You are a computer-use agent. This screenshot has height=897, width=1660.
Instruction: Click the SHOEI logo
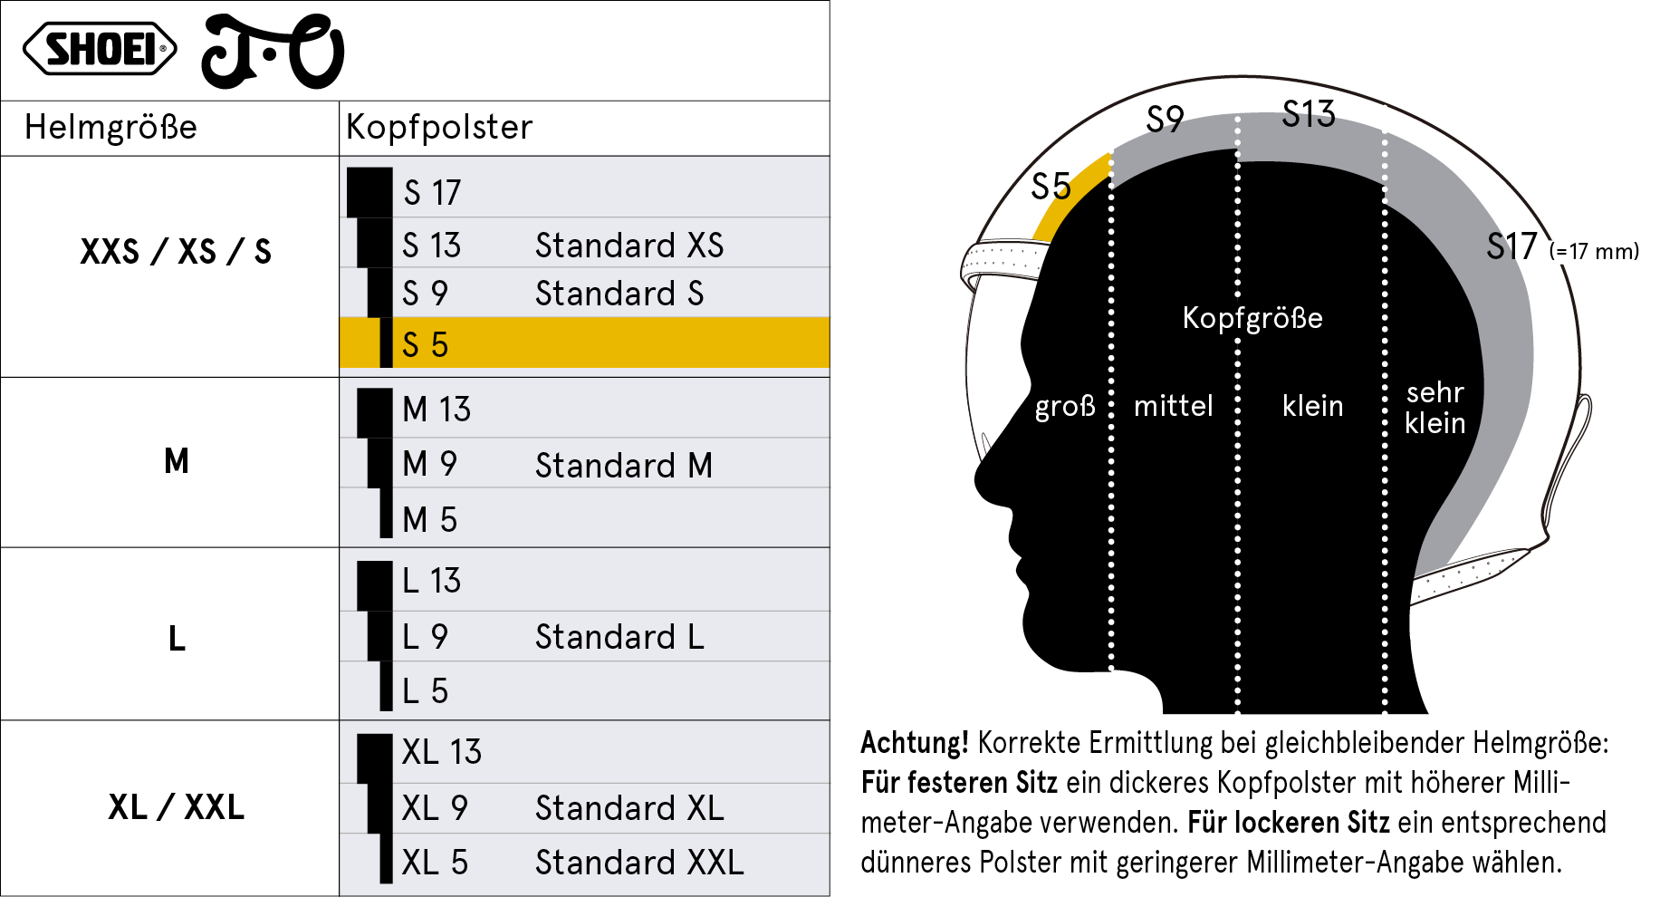100,48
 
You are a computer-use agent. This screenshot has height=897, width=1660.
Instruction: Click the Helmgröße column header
110,127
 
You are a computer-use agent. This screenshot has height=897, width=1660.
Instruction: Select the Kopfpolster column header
439,127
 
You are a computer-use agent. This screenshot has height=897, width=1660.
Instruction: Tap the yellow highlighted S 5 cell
584,342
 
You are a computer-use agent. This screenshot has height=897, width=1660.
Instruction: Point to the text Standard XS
629,245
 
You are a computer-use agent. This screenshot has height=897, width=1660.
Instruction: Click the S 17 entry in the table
432,192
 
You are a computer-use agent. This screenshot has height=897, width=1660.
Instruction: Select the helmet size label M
177,461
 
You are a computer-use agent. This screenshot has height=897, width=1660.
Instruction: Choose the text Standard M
624,465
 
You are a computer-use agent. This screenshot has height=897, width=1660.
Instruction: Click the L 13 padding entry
431,580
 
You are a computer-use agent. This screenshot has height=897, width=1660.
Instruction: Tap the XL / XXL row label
177,806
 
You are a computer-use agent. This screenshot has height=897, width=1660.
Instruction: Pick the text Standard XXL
639,862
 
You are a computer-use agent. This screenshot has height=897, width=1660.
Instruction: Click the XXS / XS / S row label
176,251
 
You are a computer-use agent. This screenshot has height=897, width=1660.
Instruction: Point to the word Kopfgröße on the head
1252,318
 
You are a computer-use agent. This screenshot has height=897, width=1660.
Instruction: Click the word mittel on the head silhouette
1173,405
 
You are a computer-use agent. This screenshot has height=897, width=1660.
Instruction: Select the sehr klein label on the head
1435,407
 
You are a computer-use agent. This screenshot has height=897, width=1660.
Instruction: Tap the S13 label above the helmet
1309,114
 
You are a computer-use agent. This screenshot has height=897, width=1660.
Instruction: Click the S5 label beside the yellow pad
1051,187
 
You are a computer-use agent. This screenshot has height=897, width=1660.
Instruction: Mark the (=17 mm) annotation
1594,251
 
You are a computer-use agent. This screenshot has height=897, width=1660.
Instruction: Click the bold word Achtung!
914,742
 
